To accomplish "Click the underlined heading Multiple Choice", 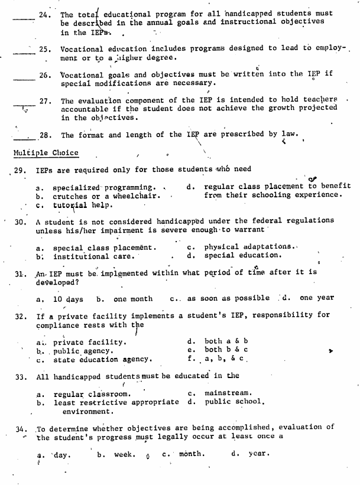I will pyautogui.click(x=46, y=153).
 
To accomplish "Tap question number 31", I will pyautogui.click(x=21, y=272).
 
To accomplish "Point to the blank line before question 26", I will pyautogui.click(x=22, y=78).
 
